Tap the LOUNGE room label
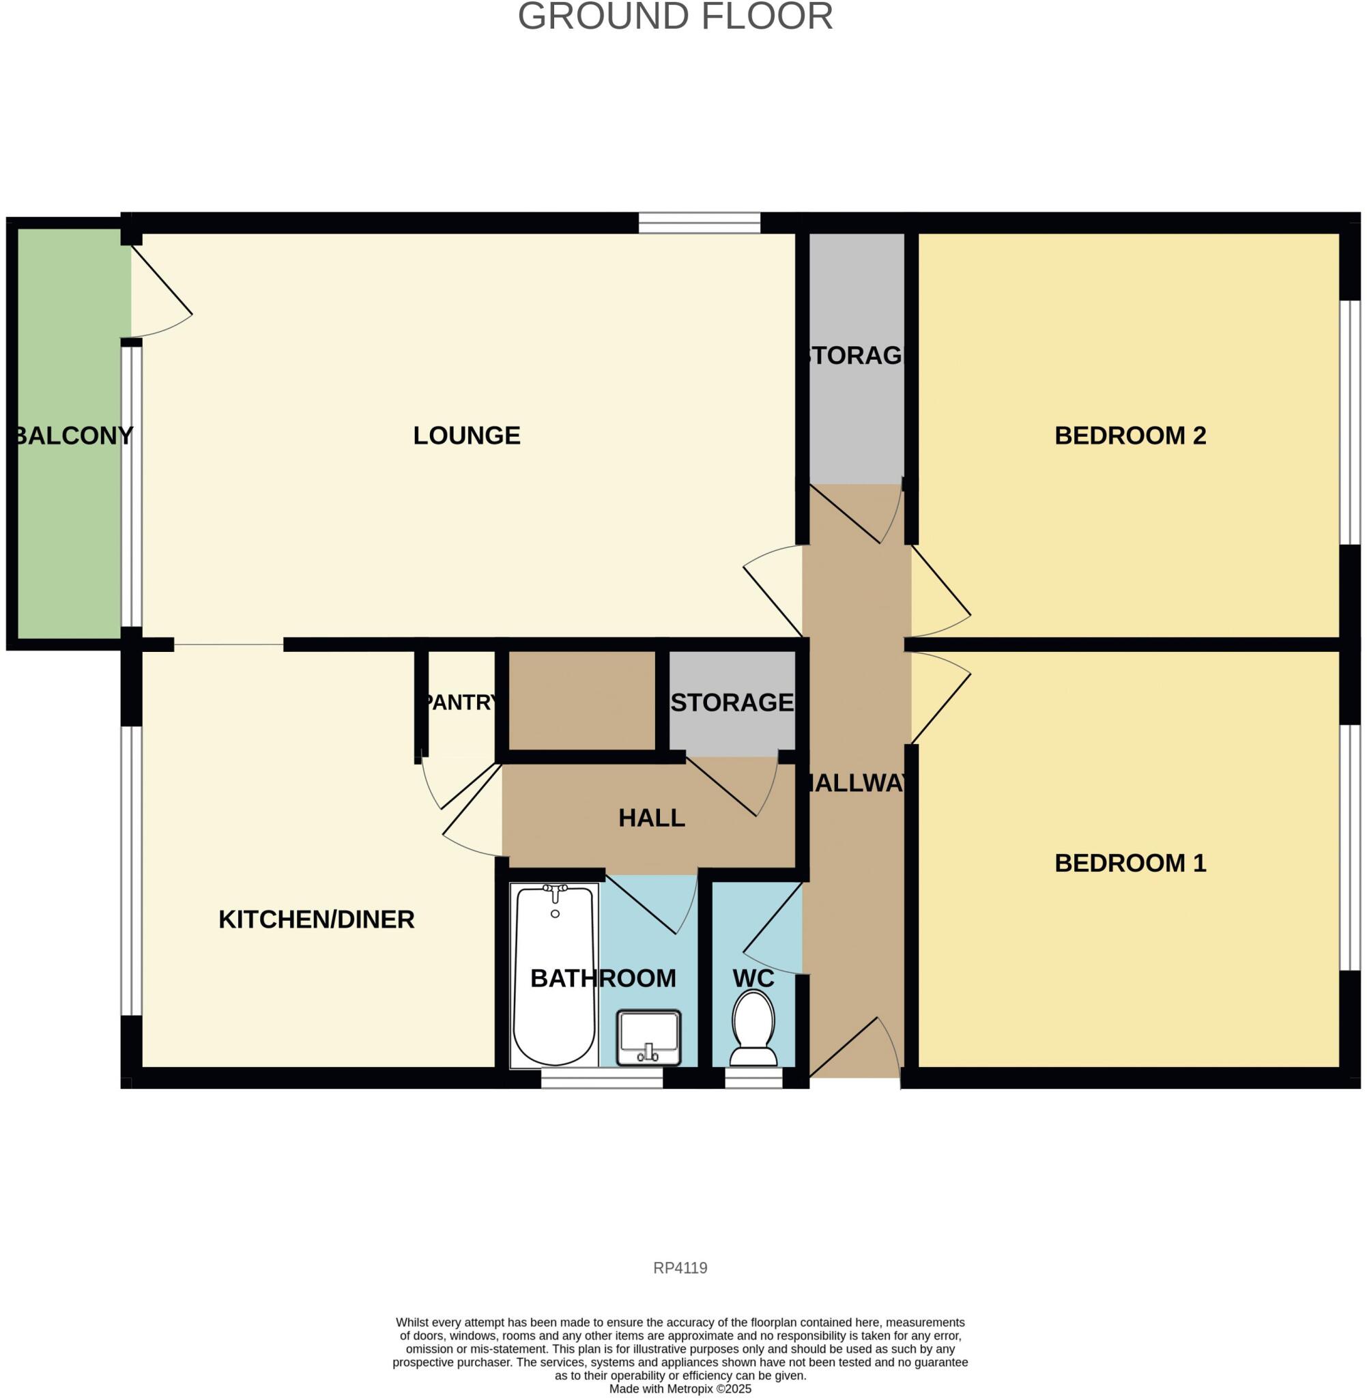pos(467,436)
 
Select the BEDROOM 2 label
pos(1130,436)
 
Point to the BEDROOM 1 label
pos(1130,863)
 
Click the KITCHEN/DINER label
pos(317,919)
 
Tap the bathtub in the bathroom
pos(554,984)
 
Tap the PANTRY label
pos(460,702)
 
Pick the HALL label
pos(652,818)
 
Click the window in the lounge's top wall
pos(700,223)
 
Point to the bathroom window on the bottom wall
pos(602,1079)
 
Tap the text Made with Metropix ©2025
pos(680,1388)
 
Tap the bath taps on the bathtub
pos(555,891)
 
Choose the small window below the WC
pos(753,1079)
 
